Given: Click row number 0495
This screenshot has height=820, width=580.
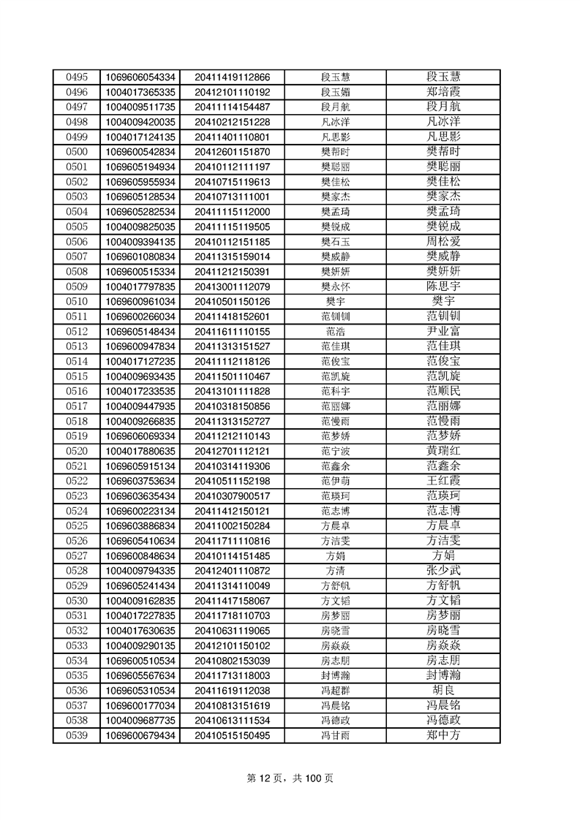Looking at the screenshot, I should pyautogui.click(x=77, y=77).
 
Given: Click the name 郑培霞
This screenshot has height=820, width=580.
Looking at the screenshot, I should pyautogui.click(x=443, y=92).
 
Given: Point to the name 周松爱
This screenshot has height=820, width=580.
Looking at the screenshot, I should pyautogui.click(x=443, y=241).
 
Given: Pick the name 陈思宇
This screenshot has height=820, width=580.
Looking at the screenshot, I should pyautogui.click(x=443, y=286).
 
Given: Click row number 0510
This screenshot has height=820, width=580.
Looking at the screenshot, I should pyautogui.click(x=77, y=301).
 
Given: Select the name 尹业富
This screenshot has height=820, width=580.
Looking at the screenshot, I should pyautogui.click(x=443, y=331).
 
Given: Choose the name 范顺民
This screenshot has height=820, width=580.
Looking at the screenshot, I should pyautogui.click(x=443, y=391).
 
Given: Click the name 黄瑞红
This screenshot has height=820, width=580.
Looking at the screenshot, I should pyautogui.click(x=443, y=451).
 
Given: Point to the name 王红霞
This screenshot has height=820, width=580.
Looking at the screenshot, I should pyautogui.click(x=443, y=481).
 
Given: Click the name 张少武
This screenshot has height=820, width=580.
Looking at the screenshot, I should pyautogui.click(x=443, y=570).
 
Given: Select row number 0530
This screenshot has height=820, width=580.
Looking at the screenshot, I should pyautogui.click(x=77, y=600).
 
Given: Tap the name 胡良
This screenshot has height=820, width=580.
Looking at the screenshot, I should pyautogui.click(x=443, y=690).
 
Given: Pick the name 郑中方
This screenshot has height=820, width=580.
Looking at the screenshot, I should pyautogui.click(x=443, y=734).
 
